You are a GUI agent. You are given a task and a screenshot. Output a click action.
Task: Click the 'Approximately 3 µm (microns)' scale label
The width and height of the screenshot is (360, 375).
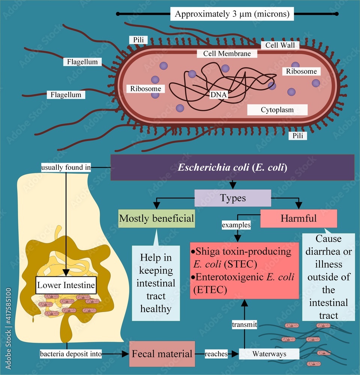tap(232, 14)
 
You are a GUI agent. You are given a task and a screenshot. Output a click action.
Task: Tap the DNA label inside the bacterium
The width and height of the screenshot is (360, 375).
tap(219, 95)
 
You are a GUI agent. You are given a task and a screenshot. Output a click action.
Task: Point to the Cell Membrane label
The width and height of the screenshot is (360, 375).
tap(227, 54)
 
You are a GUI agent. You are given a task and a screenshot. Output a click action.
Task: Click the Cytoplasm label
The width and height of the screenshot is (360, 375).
tap(277, 110)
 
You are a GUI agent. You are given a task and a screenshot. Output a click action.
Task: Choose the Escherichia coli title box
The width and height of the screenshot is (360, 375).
tap(233, 167)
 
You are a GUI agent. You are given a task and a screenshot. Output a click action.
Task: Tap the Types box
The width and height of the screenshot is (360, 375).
tap(233, 198)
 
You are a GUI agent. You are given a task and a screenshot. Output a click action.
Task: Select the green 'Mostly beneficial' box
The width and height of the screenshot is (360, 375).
tap(157, 218)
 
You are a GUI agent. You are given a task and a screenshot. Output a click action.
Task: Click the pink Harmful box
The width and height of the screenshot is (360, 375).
tap(298, 218)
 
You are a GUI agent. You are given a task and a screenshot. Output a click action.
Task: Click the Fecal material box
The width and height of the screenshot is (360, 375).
tap(162, 354)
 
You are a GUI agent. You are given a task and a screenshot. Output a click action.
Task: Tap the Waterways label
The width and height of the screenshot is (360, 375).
tap(269, 354)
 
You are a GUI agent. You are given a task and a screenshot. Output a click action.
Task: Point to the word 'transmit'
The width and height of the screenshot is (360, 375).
tap(244, 325)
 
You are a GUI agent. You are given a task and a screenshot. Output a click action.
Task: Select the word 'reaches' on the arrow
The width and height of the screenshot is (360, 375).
tap(216, 354)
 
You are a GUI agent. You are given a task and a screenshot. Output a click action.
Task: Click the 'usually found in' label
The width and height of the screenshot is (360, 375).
tap(66, 167)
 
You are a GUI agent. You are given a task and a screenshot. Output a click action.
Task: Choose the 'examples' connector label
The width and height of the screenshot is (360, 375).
tap(236, 225)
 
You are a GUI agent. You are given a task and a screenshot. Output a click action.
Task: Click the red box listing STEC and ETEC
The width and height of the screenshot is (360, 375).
tap(244, 270)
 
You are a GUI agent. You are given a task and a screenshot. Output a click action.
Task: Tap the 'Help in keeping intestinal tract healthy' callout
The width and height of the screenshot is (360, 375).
tap(156, 283)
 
